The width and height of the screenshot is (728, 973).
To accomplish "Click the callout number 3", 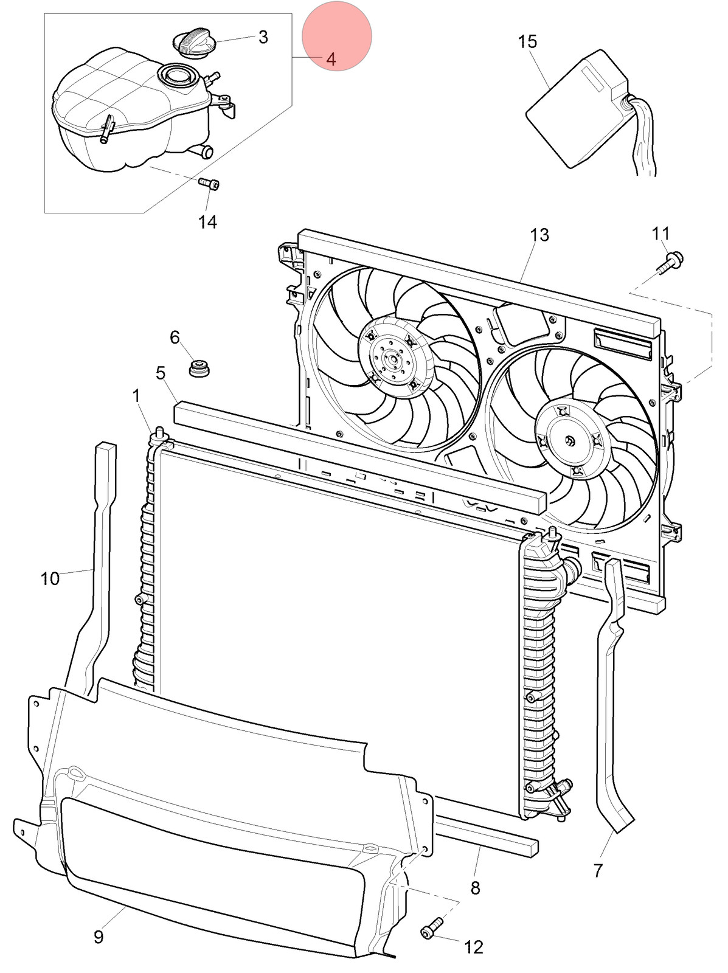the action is [263, 37].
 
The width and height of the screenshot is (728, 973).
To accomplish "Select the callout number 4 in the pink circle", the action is [331, 59].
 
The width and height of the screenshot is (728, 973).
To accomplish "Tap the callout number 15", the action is [527, 42].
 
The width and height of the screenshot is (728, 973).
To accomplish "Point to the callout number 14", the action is [207, 221].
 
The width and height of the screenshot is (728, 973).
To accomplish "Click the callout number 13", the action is [539, 235].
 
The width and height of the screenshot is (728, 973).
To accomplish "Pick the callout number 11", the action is [660, 233].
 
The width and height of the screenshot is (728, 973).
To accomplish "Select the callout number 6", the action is [175, 338].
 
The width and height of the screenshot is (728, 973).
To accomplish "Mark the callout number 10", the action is [50, 578].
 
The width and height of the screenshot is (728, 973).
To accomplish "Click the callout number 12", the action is [473, 947].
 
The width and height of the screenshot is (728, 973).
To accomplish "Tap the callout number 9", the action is [98, 937].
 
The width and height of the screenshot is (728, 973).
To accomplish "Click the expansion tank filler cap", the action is [193, 44].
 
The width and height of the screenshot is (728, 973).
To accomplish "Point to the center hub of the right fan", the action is [569, 441].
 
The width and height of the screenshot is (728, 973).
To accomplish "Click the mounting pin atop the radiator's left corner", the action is [160, 434].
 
